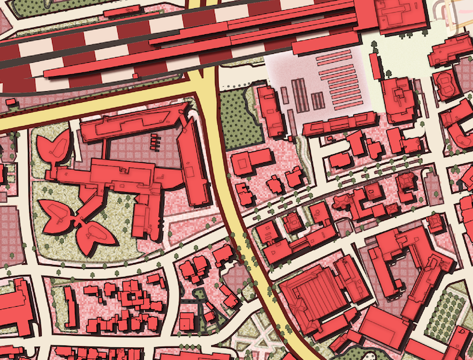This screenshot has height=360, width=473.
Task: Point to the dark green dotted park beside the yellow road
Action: click(240, 118)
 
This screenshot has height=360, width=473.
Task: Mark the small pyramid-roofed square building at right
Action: click(435, 222)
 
